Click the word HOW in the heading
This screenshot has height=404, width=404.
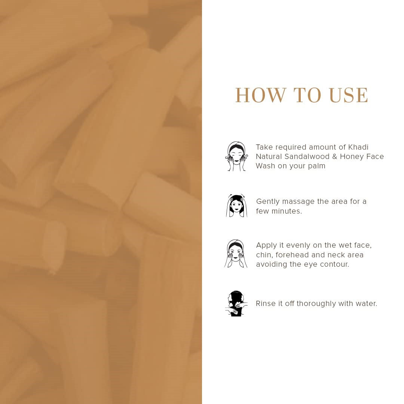(261, 95)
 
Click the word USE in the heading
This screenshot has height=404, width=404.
(349, 95)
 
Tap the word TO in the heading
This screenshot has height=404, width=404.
(307, 95)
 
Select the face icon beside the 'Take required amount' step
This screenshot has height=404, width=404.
(236, 156)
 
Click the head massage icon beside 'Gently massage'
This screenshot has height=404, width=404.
(236, 206)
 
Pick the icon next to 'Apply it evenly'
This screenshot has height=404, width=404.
(236, 254)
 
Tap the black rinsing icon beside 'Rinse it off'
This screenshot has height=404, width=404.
(236, 303)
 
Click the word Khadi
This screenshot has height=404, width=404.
(358, 147)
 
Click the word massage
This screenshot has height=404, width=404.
(298, 202)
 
